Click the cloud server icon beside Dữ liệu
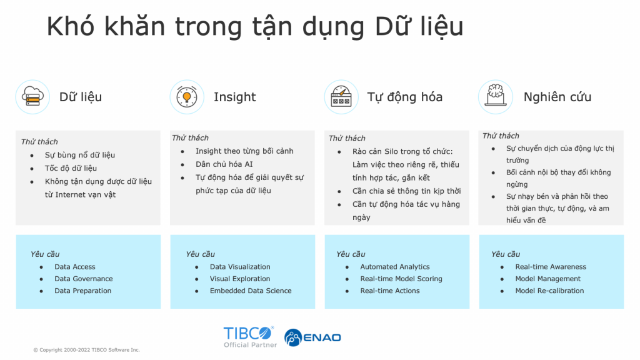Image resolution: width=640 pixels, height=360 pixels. [32, 97]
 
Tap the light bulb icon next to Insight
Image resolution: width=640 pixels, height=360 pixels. [187, 97]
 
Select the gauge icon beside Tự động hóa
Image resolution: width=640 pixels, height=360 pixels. [341, 97]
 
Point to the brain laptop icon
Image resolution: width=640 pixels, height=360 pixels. [496, 97]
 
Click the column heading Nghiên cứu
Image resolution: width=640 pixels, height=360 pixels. [557, 97]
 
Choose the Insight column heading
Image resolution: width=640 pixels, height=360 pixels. [235, 97]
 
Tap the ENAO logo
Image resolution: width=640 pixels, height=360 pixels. [312, 337]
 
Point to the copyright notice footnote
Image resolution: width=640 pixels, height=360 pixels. [86, 350]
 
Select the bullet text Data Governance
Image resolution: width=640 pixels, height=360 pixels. [84, 279]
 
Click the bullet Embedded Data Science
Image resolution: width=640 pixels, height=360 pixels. [251, 291]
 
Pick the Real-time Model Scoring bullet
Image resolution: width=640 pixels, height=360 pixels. [401, 279]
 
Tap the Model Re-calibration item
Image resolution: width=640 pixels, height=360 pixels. [549, 291]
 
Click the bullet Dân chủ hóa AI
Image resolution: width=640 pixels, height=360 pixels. [224, 164]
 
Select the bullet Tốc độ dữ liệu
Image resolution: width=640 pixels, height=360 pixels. [71, 168]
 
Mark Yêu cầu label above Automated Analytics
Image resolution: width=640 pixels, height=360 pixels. [351, 254]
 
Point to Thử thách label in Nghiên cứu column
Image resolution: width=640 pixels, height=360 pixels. [501, 136]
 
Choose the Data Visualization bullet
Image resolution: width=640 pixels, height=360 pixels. [240, 267]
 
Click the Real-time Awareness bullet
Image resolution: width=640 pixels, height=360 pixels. [551, 267]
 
